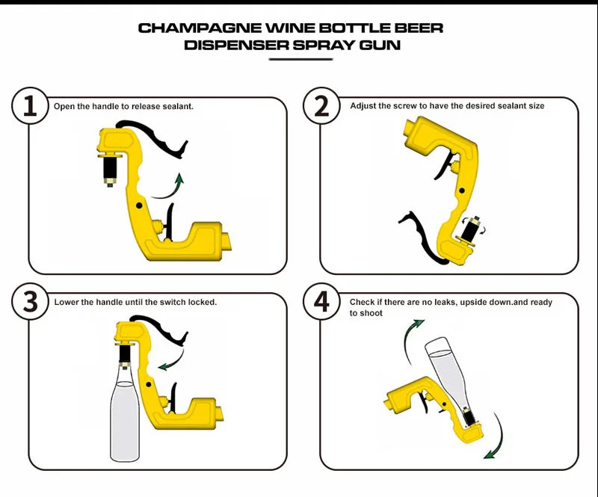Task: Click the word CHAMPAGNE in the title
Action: coord(187,28)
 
